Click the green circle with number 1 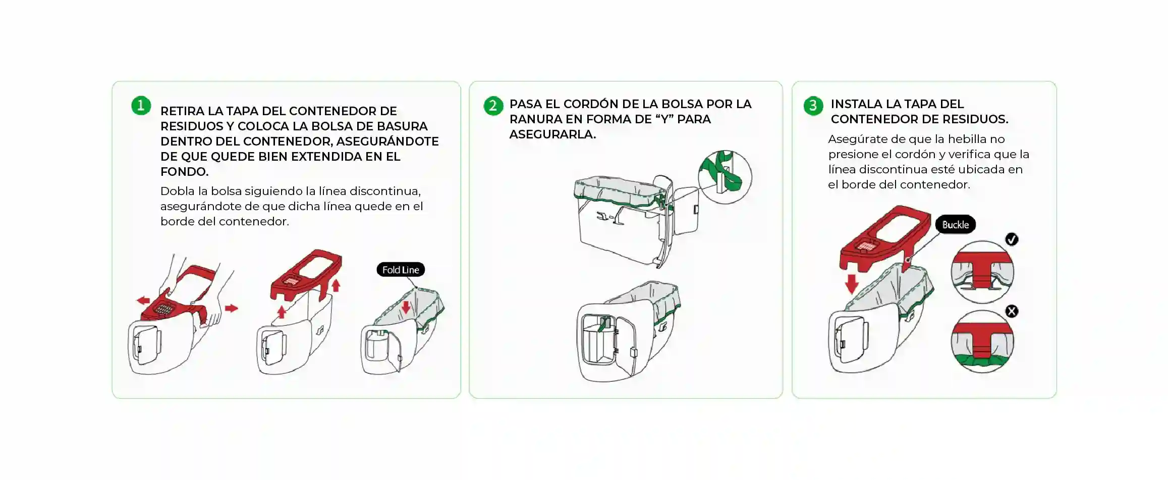tap(141, 106)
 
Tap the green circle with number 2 tap(493, 106)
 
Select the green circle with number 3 tap(813, 106)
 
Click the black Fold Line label tap(401, 270)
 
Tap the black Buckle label tap(955, 225)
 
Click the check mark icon tap(1012, 239)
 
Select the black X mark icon tap(1012, 311)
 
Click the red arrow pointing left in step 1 tap(143, 301)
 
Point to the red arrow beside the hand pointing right tap(231, 308)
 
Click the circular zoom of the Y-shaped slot tap(725, 177)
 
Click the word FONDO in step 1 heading tap(184, 172)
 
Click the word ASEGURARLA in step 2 tap(552, 134)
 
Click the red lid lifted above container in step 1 tap(306, 275)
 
